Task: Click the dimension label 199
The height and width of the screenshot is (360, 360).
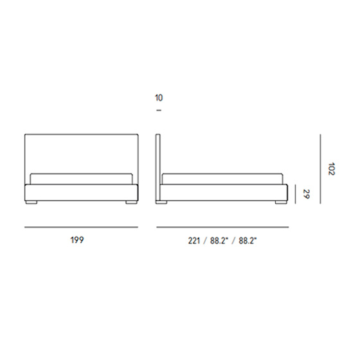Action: coord(77,240)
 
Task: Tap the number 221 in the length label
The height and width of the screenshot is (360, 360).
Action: coord(194,240)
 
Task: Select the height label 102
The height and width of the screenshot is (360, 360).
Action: coord(332,169)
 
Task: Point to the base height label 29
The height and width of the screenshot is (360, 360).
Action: coord(306,194)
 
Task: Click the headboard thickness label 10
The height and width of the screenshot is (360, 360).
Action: coord(159,98)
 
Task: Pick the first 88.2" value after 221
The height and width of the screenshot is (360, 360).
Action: coord(219,240)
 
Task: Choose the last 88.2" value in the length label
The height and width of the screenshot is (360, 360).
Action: coord(248,240)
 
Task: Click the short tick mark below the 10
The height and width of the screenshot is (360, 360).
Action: coord(159,111)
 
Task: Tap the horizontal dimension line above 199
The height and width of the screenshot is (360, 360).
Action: coord(81,228)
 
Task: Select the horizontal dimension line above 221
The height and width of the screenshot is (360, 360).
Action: coord(222,228)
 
